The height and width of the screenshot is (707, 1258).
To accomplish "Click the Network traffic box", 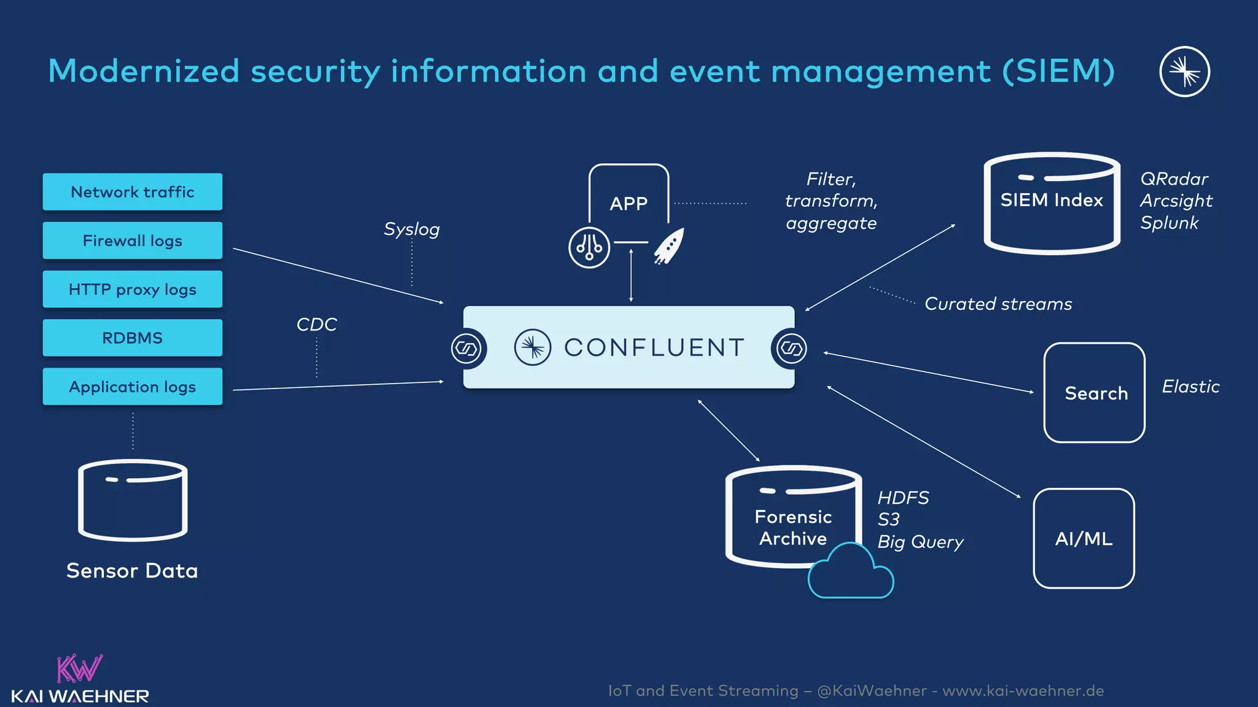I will [132, 192].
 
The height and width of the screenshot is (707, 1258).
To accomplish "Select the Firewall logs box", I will [132, 241].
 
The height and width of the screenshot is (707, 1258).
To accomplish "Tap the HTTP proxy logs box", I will [132, 289].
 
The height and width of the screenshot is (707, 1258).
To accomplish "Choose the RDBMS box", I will [132, 338].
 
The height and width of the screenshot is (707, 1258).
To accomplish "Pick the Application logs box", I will [132, 387].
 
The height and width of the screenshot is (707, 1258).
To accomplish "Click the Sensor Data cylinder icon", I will [133, 500].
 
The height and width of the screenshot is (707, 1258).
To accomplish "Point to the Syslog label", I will [412, 229].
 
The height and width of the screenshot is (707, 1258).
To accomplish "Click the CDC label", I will [316, 324].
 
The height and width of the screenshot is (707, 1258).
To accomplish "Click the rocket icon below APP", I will [669, 245].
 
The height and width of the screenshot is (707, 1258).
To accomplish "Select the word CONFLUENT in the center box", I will [654, 347].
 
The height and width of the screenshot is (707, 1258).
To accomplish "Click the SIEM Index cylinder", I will [1052, 203].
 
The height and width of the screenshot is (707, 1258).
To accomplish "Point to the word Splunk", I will [1169, 223].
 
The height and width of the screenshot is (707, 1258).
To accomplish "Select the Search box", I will [1095, 393].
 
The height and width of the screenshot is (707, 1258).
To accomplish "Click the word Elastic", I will [1190, 387].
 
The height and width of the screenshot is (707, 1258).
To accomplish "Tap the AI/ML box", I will [1084, 538].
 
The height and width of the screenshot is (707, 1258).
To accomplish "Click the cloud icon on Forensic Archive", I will [851, 574].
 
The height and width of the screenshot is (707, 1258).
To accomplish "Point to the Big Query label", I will [920, 542].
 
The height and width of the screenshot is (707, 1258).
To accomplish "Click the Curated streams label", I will [998, 304].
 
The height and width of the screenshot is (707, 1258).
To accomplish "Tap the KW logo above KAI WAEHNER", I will [79, 669].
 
